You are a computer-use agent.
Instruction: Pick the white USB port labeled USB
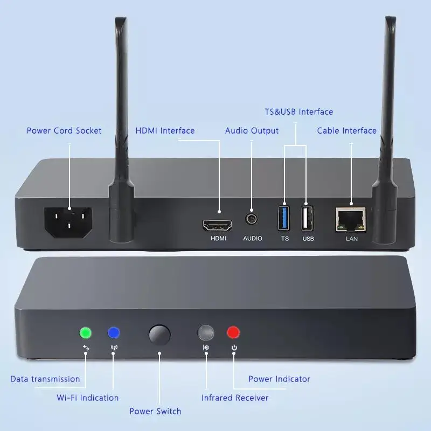pyautogui.click(x=308, y=218)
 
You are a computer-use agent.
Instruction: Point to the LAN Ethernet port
pyautogui.click(x=351, y=218)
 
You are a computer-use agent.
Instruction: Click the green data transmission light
pyautogui.click(x=85, y=332)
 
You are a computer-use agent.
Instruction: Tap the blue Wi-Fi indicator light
pyautogui.click(x=114, y=332)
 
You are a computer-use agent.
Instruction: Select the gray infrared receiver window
pyautogui.click(x=206, y=332)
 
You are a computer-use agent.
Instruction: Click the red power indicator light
pyautogui.click(x=233, y=332)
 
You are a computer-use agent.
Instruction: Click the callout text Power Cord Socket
pyautogui.click(x=64, y=130)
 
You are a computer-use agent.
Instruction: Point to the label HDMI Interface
pyautogui.click(x=165, y=130)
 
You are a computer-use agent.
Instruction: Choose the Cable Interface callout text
pyautogui.click(x=346, y=130)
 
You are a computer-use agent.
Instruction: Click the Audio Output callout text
pyautogui.click(x=252, y=130)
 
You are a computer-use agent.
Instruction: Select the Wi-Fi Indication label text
pyautogui.click(x=88, y=398)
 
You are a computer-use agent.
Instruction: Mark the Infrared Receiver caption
pyautogui.click(x=235, y=398)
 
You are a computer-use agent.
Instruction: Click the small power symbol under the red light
pyautogui.click(x=234, y=347)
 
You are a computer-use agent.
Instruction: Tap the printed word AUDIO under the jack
pyautogui.click(x=252, y=238)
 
